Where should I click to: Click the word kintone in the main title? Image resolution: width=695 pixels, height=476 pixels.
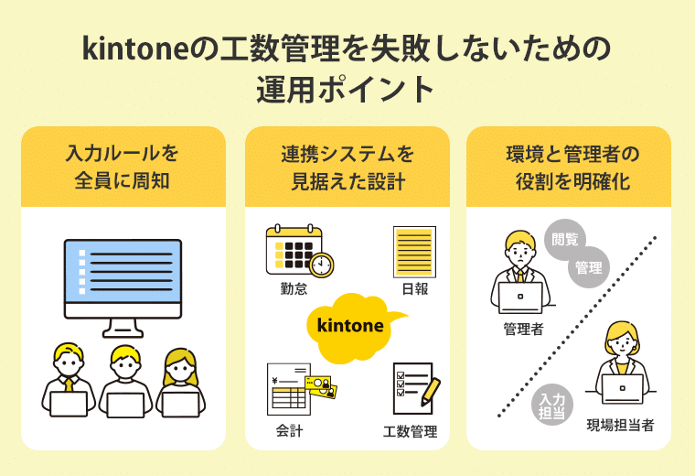[x=135, y=48]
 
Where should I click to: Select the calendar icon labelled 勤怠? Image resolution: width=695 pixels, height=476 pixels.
[x=298, y=250]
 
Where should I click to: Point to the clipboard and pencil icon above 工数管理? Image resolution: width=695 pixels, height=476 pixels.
[x=414, y=388]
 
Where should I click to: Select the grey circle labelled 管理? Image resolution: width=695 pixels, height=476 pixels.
[x=589, y=268]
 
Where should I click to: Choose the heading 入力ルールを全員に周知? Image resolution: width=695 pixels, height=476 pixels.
[x=123, y=166]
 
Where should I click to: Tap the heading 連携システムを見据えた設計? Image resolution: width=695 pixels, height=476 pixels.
[x=347, y=166]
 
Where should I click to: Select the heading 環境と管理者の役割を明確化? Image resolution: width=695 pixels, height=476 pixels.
[x=572, y=166]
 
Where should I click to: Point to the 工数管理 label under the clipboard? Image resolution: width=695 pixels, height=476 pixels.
[x=411, y=431]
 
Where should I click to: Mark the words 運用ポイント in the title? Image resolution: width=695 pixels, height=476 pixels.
[x=347, y=90]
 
